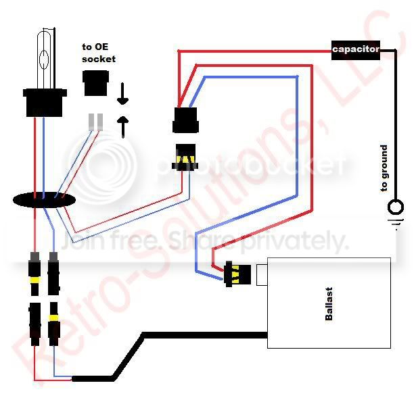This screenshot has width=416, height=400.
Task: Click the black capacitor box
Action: pyautogui.click(x=356, y=50)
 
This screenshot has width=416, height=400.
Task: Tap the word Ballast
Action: pyautogui.click(x=329, y=304)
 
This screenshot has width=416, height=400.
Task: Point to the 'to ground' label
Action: pyautogui.click(x=384, y=168)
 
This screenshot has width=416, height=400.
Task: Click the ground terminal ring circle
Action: pyautogui.click(x=396, y=207)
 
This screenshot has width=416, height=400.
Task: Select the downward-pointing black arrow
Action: pyautogui.click(x=122, y=93)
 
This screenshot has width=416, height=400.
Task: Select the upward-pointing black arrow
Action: pyautogui.click(x=123, y=127)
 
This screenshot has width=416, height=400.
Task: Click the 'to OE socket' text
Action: pyautogui.click(x=99, y=53)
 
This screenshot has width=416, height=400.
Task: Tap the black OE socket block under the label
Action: pyautogui.click(x=96, y=83)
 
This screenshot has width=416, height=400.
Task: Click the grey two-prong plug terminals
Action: pyautogui.click(x=95, y=122)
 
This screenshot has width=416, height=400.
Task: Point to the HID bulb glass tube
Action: pyautogui.click(x=44, y=59)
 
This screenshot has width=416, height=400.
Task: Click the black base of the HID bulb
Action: pyautogui.click(x=45, y=103)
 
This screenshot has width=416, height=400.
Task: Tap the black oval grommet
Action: pyautogui.click(x=44, y=201)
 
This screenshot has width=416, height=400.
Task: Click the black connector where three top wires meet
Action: pyautogui.click(x=186, y=120)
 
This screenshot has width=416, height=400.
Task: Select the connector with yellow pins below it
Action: pyautogui.click(x=185, y=157)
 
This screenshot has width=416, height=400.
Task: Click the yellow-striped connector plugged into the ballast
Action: pyautogui.click(x=237, y=274)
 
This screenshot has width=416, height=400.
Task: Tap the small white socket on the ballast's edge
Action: pyautogui.click(x=262, y=275)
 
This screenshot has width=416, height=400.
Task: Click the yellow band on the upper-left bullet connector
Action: pyautogui.click(x=34, y=280)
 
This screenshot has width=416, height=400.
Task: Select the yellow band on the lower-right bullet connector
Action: pyautogui.click(x=54, y=318)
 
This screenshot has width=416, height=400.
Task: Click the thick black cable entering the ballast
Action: pyautogui.click(x=170, y=353)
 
